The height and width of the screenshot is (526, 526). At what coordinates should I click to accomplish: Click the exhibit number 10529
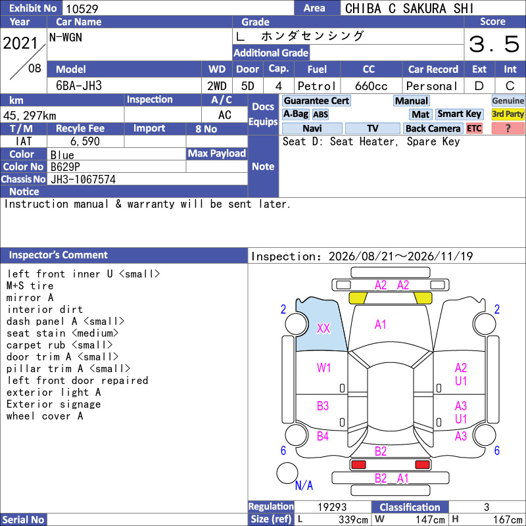82,9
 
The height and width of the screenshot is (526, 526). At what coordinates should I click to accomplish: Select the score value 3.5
494,44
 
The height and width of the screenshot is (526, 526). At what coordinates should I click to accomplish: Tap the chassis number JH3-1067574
84,179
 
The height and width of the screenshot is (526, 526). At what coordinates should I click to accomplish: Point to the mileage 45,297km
30,116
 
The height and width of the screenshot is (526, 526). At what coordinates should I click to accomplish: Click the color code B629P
65,167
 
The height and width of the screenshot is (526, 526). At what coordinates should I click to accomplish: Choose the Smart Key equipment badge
459,114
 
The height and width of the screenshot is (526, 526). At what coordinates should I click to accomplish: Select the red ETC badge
474,128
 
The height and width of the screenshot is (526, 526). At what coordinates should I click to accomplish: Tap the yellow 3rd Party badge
508,114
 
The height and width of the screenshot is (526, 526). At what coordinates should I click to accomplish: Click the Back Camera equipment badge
433,128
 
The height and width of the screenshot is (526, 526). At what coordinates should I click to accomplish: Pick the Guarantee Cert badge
316,101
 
